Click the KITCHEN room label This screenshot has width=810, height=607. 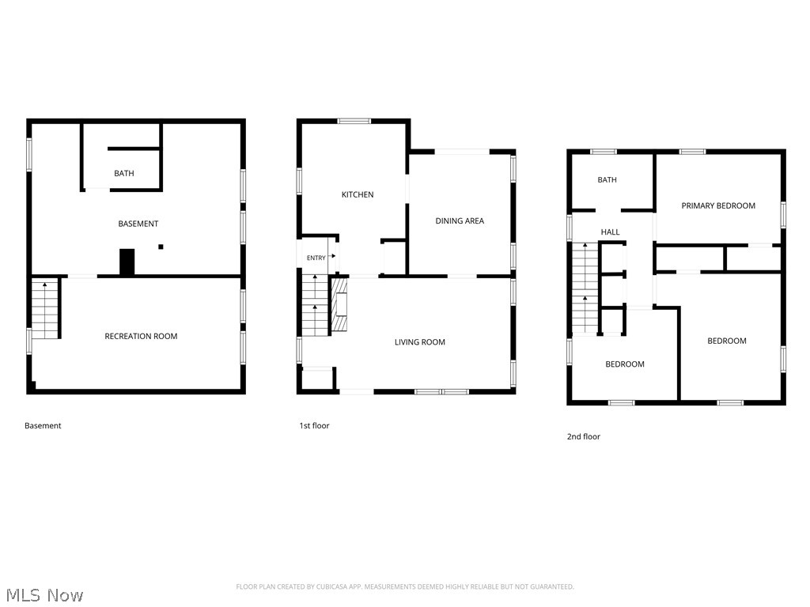358,194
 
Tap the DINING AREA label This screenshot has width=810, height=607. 460,221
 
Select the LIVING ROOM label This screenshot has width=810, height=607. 419,342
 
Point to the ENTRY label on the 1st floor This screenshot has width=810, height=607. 316,258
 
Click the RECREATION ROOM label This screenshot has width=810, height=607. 141,337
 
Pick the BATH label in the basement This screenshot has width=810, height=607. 124,173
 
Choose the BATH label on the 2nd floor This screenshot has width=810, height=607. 607,180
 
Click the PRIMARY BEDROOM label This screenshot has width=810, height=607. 718,206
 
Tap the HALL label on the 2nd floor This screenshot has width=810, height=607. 610,232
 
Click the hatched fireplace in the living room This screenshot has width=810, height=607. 339,304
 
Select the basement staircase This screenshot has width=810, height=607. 45,309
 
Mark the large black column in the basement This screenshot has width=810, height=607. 127,262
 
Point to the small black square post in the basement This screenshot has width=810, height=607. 161,247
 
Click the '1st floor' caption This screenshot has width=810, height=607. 314,426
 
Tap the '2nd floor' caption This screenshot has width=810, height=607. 584,436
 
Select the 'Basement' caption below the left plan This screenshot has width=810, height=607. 43,426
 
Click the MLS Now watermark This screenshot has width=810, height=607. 44,595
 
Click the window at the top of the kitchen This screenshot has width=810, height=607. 354,121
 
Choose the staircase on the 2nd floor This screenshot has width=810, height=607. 585,288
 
